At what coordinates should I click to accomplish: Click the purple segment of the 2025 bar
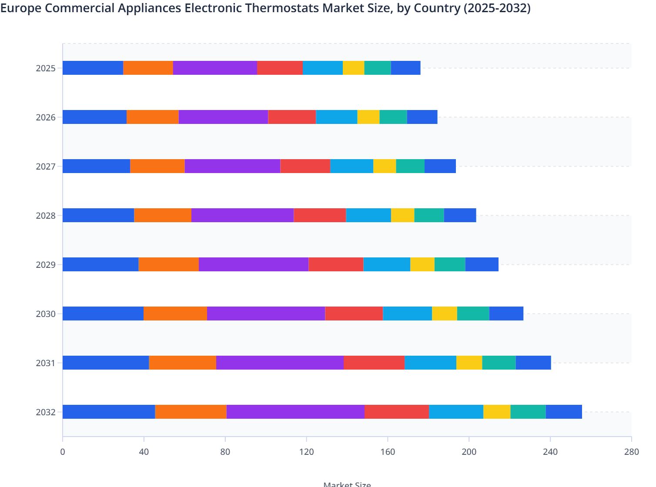pos(215,68)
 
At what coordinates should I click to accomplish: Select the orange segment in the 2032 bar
pos(191,412)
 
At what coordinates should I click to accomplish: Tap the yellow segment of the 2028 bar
pos(402,215)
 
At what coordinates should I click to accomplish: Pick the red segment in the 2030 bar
pos(354,314)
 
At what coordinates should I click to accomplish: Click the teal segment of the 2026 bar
pos(393,117)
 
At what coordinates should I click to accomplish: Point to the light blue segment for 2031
pos(430,363)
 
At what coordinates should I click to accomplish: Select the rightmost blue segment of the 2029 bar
pos(482,264)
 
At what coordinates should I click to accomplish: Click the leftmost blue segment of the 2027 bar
pos(96,166)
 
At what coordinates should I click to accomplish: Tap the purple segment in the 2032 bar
pos(295,412)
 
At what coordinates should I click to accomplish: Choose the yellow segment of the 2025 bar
pos(353,68)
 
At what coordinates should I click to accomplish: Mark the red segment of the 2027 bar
pos(305,166)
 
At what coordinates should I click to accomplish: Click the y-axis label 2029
pos(46,265)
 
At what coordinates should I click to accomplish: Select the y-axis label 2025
pos(46,68)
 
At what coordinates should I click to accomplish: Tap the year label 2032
pos(46,412)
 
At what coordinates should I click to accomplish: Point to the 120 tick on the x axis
pos(306,452)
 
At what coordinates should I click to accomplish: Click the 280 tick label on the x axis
pos(631,452)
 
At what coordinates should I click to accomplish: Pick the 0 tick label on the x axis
pos(63,452)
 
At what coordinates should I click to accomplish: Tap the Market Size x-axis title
pos(347,484)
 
